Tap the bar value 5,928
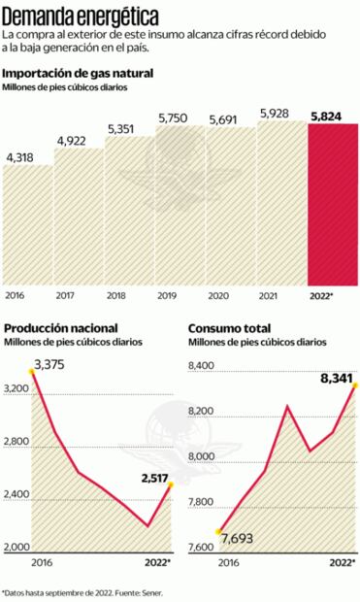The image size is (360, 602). [x=279, y=114]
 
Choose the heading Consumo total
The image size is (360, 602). [x=228, y=328]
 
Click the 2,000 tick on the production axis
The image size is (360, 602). [x=18, y=548]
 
